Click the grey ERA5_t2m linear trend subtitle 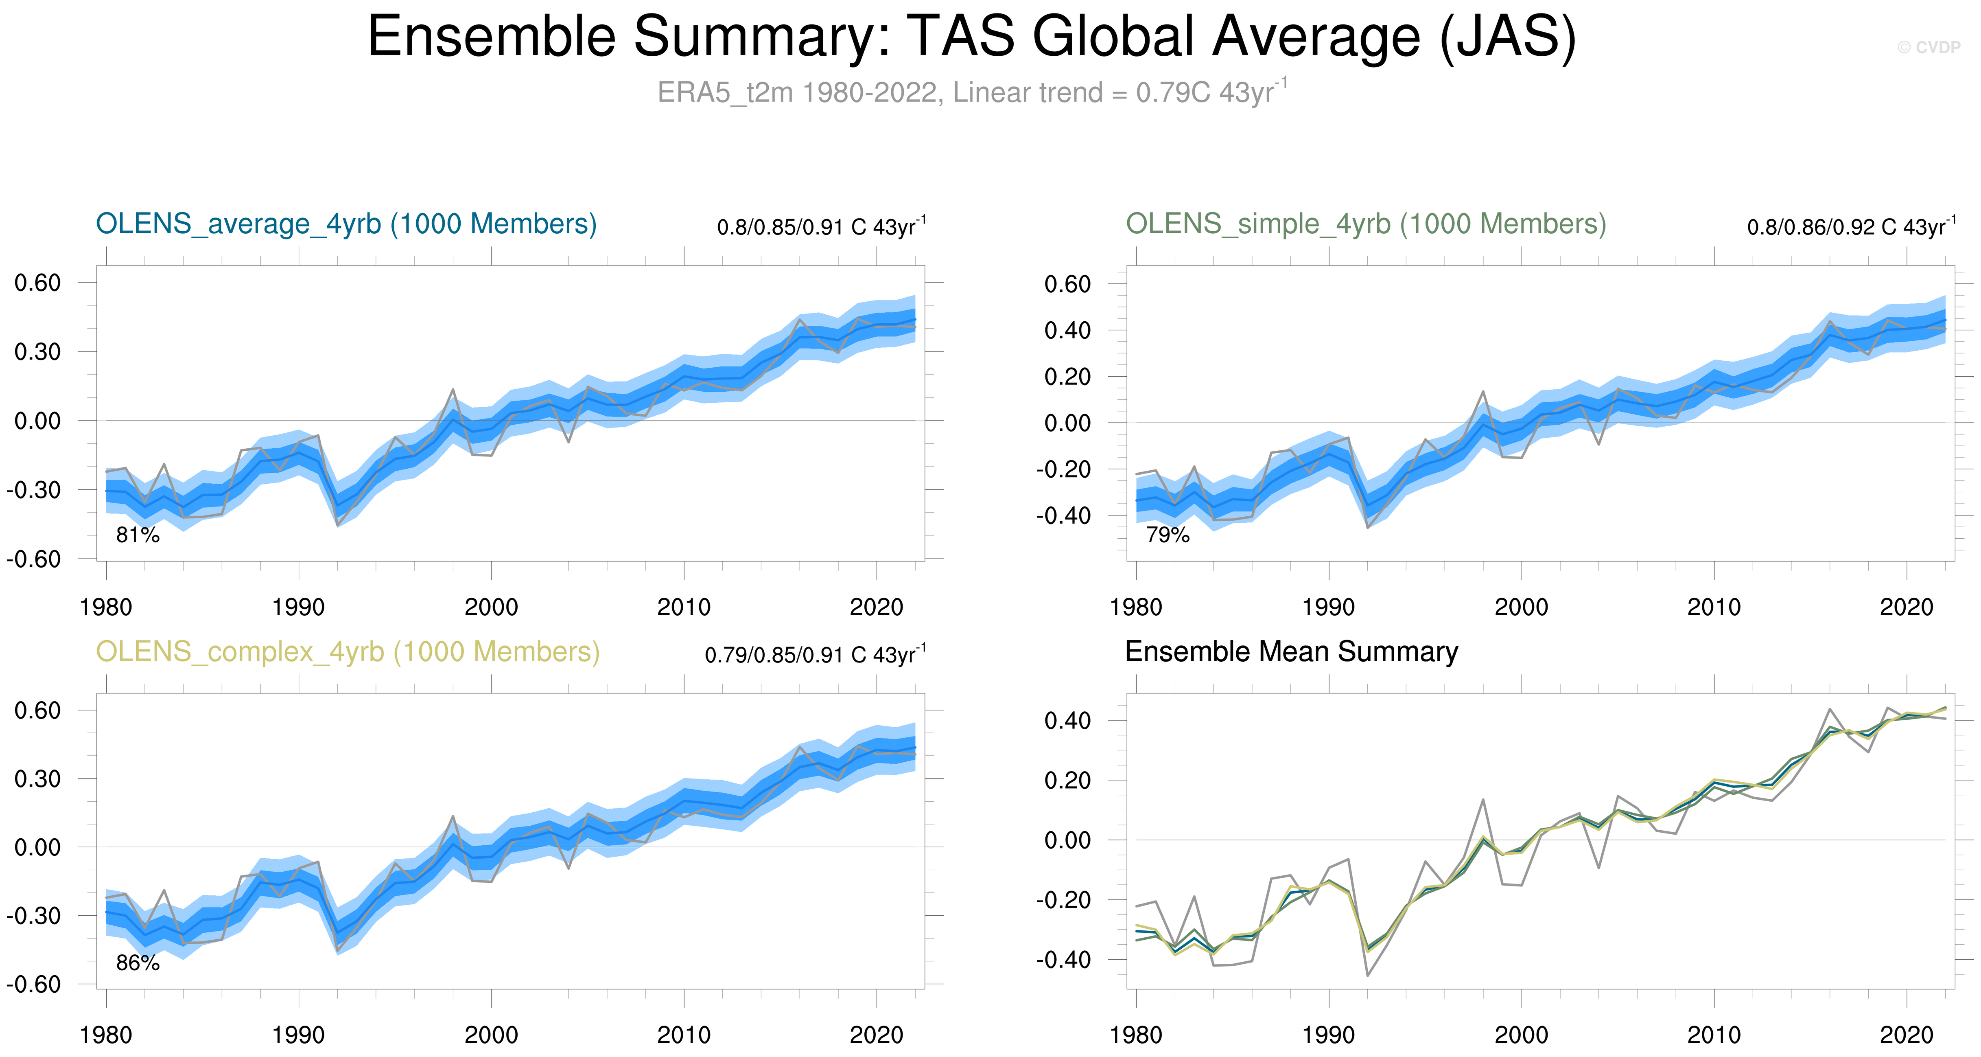coord(971,92)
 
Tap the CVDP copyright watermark coord(1929,48)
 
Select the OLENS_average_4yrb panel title coord(346,224)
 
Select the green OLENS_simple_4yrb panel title coord(1366,224)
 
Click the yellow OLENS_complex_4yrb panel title coord(348,651)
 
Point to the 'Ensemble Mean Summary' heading coord(1291,651)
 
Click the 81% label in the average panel coord(138,535)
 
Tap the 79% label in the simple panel coord(1168,535)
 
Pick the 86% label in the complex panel coord(138,963)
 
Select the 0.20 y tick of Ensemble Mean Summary coord(1067,780)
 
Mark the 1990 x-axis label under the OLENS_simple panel coord(1328,607)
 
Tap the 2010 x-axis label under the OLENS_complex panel coord(684,1035)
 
